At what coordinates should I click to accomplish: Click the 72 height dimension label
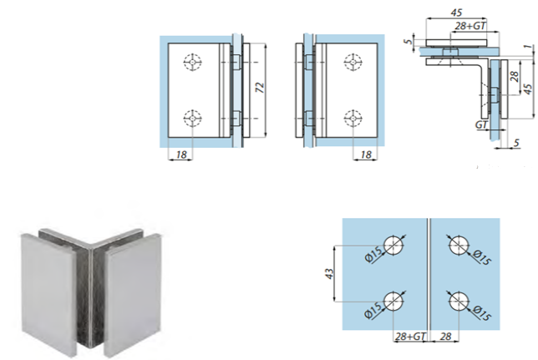click(x=261, y=88)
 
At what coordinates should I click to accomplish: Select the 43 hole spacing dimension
click(x=329, y=273)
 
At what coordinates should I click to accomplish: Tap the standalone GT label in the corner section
click(x=482, y=125)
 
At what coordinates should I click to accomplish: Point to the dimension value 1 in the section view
click(x=530, y=46)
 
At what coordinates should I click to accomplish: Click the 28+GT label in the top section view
click(x=470, y=26)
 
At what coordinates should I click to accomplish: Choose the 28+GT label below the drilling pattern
click(x=410, y=337)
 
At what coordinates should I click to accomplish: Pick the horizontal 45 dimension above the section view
click(x=456, y=13)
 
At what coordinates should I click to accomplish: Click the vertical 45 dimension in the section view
click(x=529, y=89)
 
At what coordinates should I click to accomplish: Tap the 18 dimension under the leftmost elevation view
click(x=181, y=155)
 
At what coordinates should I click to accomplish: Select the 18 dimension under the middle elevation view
click(x=366, y=155)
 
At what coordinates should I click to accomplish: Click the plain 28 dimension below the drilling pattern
click(x=445, y=337)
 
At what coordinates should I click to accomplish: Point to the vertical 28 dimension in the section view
click(x=515, y=76)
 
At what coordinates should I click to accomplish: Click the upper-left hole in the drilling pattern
click(x=393, y=246)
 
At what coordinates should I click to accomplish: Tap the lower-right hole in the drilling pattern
click(x=459, y=302)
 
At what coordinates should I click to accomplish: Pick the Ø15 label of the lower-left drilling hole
click(x=373, y=310)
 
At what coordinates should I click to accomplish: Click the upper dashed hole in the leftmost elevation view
click(x=192, y=62)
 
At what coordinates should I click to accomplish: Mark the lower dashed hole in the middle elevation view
click(x=353, y=119)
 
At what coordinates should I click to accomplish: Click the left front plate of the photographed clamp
click(x=48, y=290)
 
